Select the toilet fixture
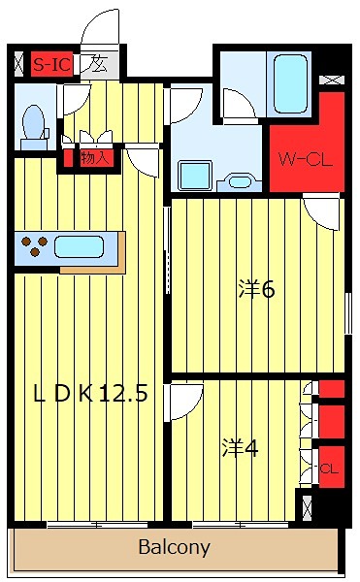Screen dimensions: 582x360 click(x=34, y=122)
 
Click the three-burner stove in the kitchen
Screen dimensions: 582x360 click(x=36, y=246)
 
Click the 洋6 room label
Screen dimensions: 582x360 click(x=257, y=288)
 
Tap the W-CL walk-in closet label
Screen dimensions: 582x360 click(x=307, y=159)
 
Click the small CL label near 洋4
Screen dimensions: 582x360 click(x=330, y=469)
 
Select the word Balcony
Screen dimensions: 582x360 click(x=174, y=547)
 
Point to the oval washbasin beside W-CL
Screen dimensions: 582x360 click(x=238, y=180)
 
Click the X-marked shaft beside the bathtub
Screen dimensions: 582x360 click(x=334, y=80)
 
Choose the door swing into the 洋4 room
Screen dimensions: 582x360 click(x=185, y=398)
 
